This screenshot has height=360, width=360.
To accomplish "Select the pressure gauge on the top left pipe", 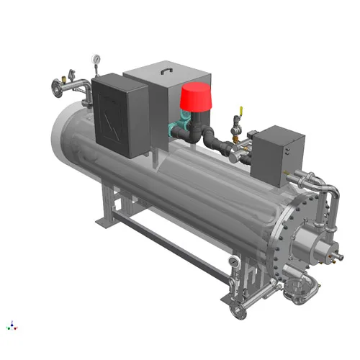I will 96,58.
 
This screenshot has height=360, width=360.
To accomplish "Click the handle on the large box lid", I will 165,70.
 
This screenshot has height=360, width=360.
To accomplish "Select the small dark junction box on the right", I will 276,153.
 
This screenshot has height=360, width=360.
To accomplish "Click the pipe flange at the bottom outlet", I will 235,311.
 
